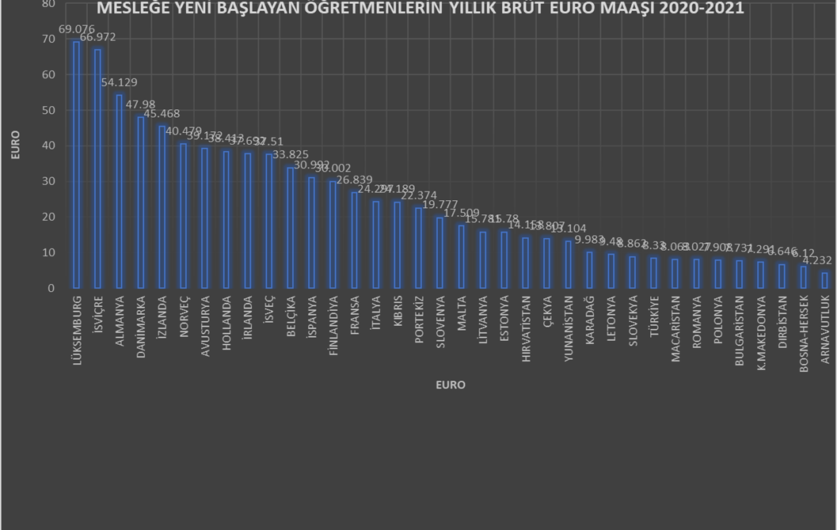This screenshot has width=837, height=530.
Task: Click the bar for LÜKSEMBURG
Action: click(x=76, y=165)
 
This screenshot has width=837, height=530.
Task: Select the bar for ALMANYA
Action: click(x=119, y=191)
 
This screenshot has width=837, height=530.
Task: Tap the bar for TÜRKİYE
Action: click(x=653, y=273)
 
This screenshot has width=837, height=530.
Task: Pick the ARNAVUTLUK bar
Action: click(x=824, y=280)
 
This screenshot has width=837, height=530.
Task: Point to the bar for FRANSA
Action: click(x=354, y=240)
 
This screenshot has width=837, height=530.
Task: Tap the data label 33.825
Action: click(x=290, y=154)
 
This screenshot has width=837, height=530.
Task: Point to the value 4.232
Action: click(x=817, y=259)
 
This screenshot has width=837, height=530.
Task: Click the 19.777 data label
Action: click(x=439, y=204)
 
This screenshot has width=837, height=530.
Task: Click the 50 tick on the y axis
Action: click(x=48, y=110)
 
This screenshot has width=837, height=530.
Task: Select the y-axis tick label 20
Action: click(x=48, y=217)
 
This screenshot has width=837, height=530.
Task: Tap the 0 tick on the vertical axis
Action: click(x=51, y=288)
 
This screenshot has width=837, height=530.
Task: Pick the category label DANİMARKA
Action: click(x=141, y=325)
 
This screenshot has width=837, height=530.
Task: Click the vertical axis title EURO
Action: click(x=15, y=146)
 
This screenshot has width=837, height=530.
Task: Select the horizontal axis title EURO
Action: click(x=451, y=385)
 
